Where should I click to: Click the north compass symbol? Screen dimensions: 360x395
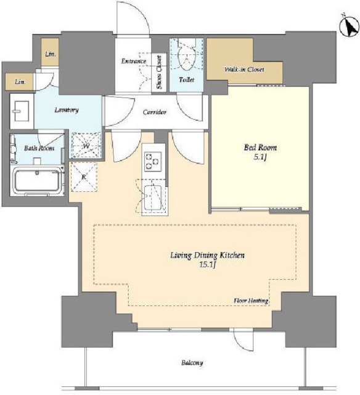pyautogui.click(x=349, y=26)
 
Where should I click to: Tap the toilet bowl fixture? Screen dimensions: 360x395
pyautogui.click(x=187, y=55)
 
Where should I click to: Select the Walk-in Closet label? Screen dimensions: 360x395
pyautogui.click(x=244, y=69)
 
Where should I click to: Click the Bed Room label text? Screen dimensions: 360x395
pyautogui.click(x=260, y=148)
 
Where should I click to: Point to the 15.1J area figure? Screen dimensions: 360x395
pyautogui.click(x=208, y=265)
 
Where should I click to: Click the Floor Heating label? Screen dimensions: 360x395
pyautogui.click(x=251, y=301)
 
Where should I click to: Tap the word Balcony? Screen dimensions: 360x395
pyautogui.click(x=192, y=363)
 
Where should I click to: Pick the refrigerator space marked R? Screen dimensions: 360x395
pyautogui.click(x=84, y=177)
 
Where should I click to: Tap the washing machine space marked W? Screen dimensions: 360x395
pyautogui.click(x=86, y=146)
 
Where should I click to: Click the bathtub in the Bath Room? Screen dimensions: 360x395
pyautogui.click(x=37, y=181)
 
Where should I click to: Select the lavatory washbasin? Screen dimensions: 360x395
pyautogui.click(x=22, y=111)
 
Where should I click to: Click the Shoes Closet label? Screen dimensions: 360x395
pyautogui.click(x=159, y=72)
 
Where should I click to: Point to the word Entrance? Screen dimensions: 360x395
pyautogui.click(x=134, y=61)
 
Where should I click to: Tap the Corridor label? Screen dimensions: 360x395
pyautogui.click(x=155, y=112)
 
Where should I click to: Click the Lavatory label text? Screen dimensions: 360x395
pyautogui.click(x=67, y=110)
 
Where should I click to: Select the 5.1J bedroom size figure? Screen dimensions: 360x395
pyautogui.click(x=260, y=157)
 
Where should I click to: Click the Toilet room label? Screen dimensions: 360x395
pyautogui.click(x=187, y=80)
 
